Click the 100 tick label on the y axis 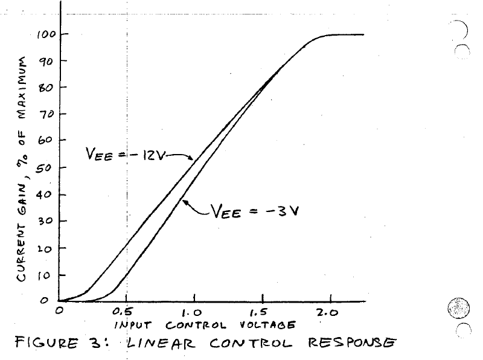tap(46, 34)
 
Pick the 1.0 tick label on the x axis tap(193, 313)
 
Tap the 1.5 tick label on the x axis tap(262, 313)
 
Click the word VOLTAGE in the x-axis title tap(271, 325)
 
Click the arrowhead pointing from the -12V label tap(191, 159)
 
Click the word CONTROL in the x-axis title tap(196, 325)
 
